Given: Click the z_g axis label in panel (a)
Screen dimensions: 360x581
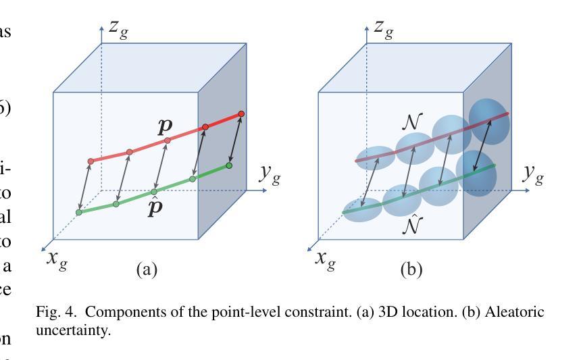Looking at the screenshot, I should click(119, 30).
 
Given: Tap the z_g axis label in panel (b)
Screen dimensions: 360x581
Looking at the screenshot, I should click(384, 30).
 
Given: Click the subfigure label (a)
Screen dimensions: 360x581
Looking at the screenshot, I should click(147, 270).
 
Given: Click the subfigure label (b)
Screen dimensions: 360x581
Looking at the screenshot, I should click(411, 270).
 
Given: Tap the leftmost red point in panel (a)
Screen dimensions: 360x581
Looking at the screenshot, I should click(91, 161).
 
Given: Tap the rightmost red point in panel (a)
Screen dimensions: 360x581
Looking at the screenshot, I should click(241, 113).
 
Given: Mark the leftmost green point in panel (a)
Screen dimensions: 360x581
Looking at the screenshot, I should click(78, 212).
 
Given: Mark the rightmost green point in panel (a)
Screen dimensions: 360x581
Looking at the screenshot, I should click(229, 165).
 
